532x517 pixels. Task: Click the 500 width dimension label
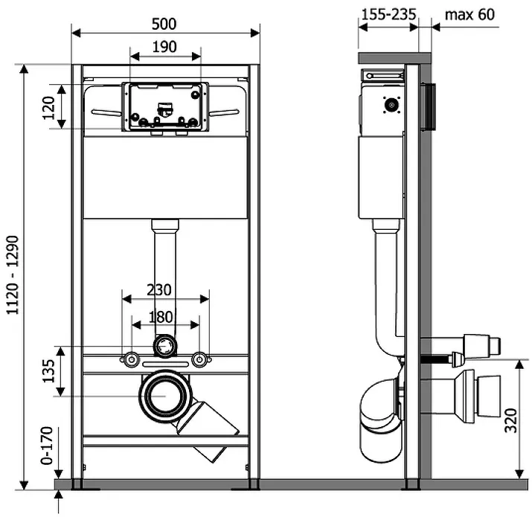point(164,24)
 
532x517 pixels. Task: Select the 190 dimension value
point(164,47)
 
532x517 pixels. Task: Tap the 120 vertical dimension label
point(48,108)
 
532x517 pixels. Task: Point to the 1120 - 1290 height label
point(13,274)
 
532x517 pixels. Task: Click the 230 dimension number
point(158,290)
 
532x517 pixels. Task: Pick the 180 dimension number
point(161,317)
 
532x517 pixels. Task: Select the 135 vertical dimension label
point(48,370)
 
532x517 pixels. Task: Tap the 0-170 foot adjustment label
point(47,446)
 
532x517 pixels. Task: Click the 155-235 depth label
point(388,15)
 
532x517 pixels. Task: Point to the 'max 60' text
point(469,15)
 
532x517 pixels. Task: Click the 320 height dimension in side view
point(510,420)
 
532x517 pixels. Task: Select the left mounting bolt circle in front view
point(131,359)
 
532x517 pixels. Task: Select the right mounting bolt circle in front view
point(199,359)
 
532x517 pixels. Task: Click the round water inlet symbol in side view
point(392,105)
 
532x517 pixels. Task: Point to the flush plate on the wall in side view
point(428,107)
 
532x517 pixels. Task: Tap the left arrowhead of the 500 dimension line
point(76,33)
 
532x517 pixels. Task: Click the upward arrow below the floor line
point(59,501)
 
